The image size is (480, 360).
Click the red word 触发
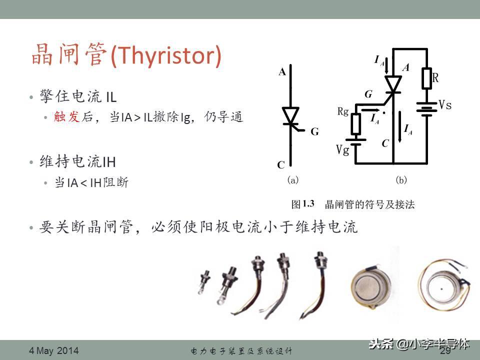point(66,116)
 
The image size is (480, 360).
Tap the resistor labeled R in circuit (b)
point(426,78)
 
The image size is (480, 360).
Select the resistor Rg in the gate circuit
point(355,123)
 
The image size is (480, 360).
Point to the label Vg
point(342,150)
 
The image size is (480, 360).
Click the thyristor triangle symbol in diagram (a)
point(290,115)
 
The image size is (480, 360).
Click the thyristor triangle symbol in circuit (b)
point(393,84)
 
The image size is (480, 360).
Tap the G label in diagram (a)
point(314,131)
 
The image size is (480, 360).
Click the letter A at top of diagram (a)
point(282,72)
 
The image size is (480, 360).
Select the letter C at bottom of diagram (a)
point(281,165)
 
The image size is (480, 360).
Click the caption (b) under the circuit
point(401,179)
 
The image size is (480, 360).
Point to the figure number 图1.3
point(303,204)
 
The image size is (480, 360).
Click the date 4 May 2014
point(54,350)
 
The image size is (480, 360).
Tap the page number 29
point(445,350)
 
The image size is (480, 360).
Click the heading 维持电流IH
point(77,161)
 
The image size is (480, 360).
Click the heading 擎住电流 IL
point(78,96)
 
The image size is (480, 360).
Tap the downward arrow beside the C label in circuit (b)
point(400,126)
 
